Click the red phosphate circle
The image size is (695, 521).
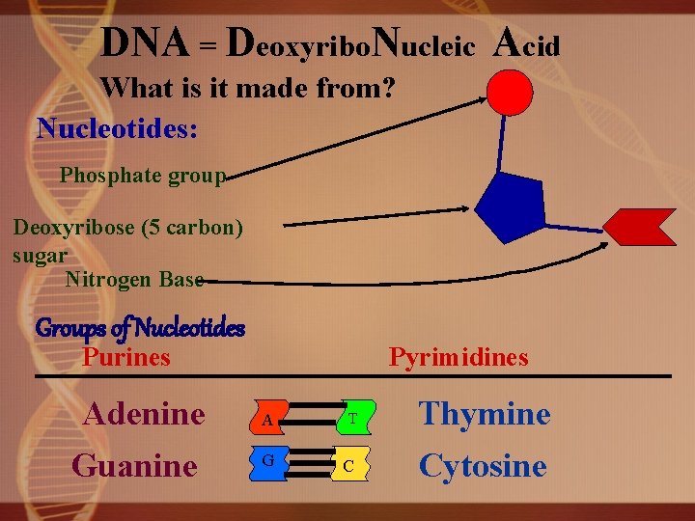pyautogui.click(x=509, y=93)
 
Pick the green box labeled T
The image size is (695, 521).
pyautogui.click(x=353, y=419)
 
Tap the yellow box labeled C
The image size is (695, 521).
pyautogui.click(x=351, y=465)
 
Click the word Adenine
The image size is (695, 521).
pyautogui.click(x=144, y=415)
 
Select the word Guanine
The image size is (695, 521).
pyautogui.click(x=134, y=466)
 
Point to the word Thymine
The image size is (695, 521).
pyautogui.click(x=484, y=415)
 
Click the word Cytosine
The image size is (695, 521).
pyautogui.click(x=482, y=466)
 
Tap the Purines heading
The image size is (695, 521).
pyautogui.click(x=126, y=358)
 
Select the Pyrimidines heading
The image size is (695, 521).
pyautogui.click(x=459, y=358)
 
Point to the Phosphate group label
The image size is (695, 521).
pyautogui.click(x=142, y=176)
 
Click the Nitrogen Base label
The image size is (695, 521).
pyautogui.click(x=134, y=280)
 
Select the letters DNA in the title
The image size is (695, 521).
pyautogui.click(x=145, y=41)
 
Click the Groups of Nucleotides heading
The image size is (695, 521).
pyautogui.click(x=140, y=328)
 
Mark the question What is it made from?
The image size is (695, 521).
pyautogui.click(x=248, y=88)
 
